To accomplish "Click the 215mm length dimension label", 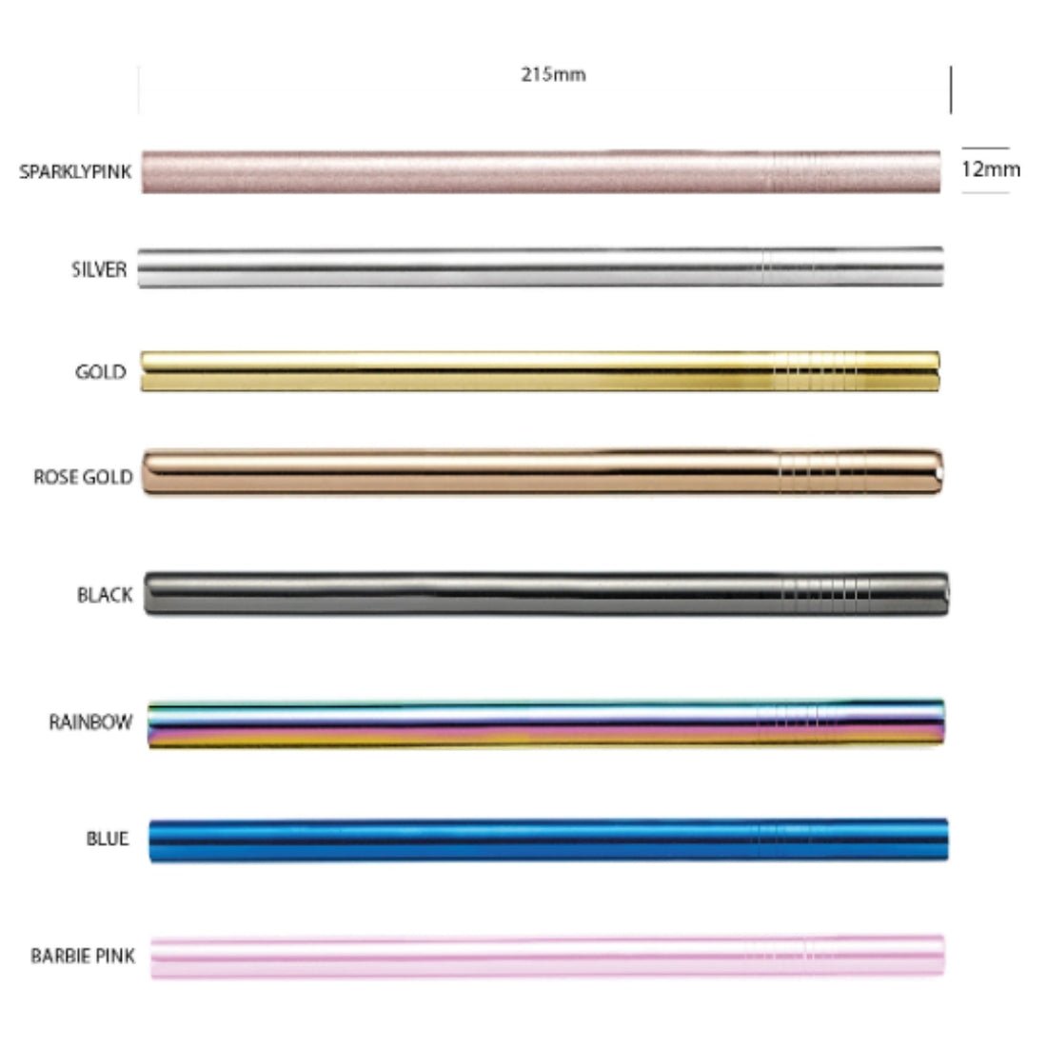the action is pyautogui.click(x=553, y=74).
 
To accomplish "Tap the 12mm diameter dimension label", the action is pyautogui.click(x=990, y=169).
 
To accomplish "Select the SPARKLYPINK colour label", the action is pyautogui.click(x=75, y=171).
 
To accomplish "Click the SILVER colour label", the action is pyautogui.click(x=99, y=269).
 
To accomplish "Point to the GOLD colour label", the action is pyautogui.click(x=100, y=372).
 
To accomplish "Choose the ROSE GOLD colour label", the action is pyautogui.click(x=83, y=477).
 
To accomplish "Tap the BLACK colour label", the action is pyautogui.click(x=105, y=594).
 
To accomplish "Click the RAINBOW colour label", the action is pyautogui.click(x=90, y=721).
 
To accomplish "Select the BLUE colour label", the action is pyautogui.click(x=108, y=839).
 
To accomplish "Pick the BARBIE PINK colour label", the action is pyautogui.click(x=83, y=956).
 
